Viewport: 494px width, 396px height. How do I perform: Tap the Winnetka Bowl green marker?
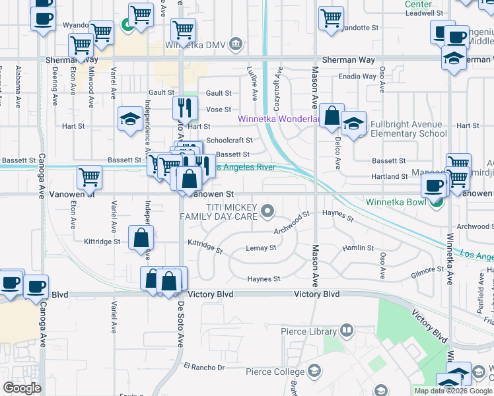436,203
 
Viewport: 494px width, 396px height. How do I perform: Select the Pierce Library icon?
347,331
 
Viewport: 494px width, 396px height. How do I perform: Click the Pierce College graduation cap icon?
314,371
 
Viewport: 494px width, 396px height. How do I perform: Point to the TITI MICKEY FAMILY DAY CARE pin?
267,211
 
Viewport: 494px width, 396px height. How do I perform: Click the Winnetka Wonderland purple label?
280,119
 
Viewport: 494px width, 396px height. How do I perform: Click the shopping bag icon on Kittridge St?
141,238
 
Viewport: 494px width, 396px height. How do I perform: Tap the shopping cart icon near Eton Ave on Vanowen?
89,177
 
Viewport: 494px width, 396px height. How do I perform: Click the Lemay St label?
261,248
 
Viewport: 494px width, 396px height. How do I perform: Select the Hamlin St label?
358,248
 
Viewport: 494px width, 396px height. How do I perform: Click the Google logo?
22,388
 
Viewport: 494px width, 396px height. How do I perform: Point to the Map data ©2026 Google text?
453,391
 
